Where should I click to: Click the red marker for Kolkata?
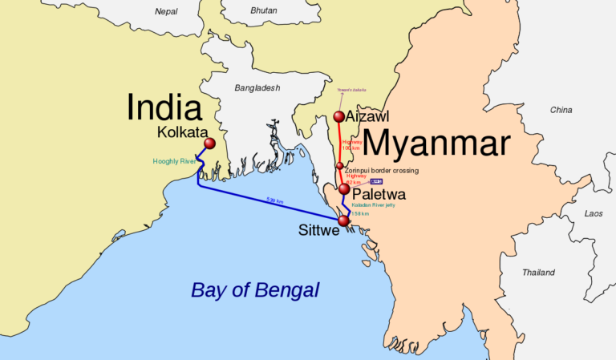click(210, 144)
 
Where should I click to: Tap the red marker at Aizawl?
click(339, 118)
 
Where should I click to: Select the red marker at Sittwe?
click(344, 220)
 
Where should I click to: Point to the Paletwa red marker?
click(344, 189)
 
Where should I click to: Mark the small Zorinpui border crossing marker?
click(339, 166)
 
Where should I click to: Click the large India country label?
click(163, 106)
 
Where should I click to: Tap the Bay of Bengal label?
click(254, 290)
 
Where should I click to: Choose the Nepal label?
click(166, 12)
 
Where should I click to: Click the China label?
click(561, 109)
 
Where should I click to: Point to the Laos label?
click(594, 213)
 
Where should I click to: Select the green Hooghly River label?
click(175, 161)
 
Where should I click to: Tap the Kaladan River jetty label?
click(373, 205)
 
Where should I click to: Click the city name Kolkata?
click(183, 131)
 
